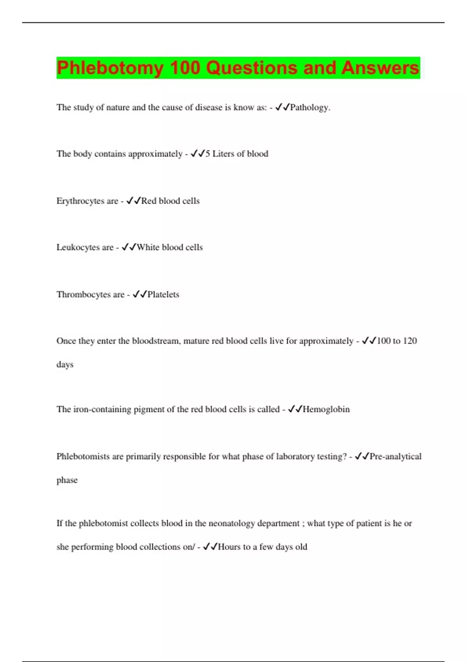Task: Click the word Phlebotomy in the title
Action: tap(110, 68)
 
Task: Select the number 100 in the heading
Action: tap(185, 68)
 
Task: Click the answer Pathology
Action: tap(309, 107)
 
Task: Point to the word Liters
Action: tap(223, 154)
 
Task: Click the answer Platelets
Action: tap(163, 294)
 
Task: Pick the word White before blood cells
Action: tap(148, 247)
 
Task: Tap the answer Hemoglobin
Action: tap(326, 409)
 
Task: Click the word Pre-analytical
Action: tap(395, 456)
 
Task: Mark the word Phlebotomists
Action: tap(83, 456)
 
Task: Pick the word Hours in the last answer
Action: tap(229, 547)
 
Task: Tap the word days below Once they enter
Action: tap(65, 365)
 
